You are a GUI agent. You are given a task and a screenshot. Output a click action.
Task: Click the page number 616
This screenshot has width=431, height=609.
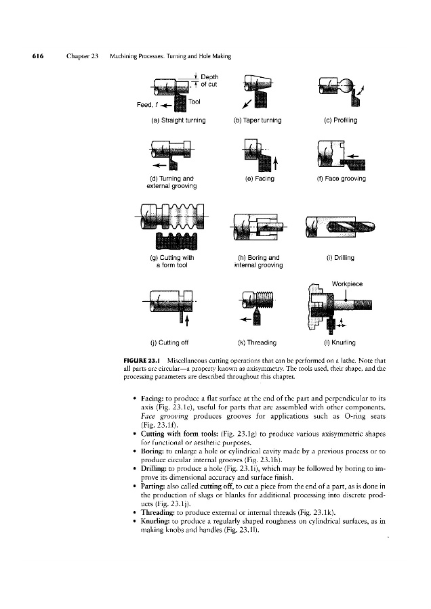pyautogui.click(x=38, y=55)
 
